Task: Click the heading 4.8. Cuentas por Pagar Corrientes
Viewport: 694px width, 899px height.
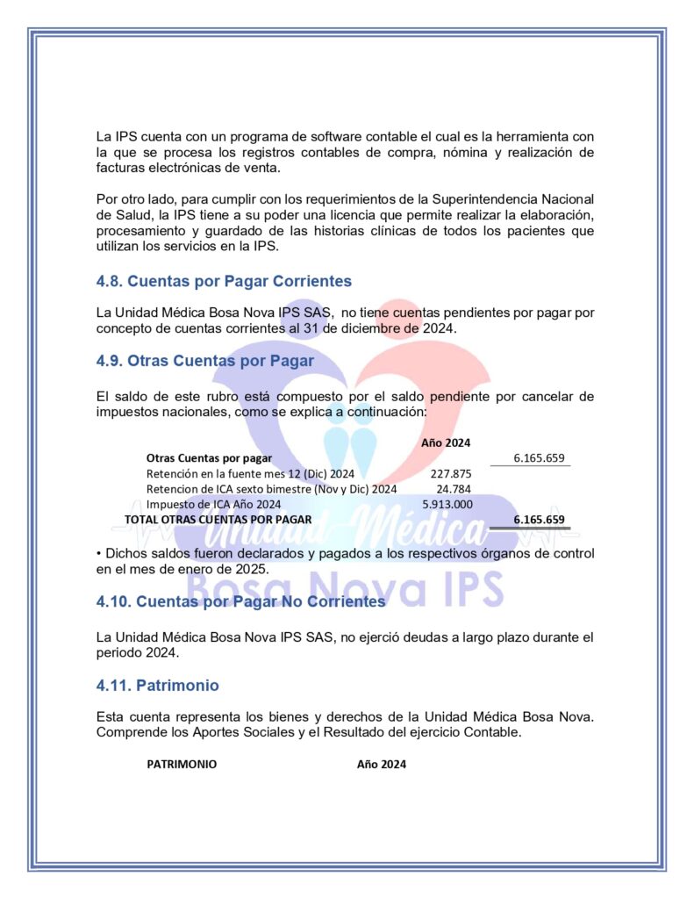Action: [x=224, y=281]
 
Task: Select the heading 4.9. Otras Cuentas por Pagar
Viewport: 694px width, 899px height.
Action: [x=204, y=360]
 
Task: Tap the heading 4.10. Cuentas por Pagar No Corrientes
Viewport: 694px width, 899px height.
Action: [x=240, y=601]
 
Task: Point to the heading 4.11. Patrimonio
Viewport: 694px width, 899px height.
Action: [x=157, y=684]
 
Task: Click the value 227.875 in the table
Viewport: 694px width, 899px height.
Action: [x=451, y=473]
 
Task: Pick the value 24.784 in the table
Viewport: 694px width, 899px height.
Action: [x=454, y=488]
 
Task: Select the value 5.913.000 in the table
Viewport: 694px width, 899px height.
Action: [x=447, y=504]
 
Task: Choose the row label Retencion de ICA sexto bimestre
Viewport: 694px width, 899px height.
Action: [x=271, y=488]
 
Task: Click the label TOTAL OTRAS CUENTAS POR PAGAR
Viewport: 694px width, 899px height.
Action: [x=218, y=519]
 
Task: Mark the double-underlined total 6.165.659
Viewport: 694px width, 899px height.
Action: [x=539, y=519]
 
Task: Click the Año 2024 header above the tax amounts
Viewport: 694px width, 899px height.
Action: [x=446, y=442]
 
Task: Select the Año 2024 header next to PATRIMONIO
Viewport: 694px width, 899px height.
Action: [x=381, y=764]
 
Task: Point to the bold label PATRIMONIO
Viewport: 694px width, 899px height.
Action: [x=182, y=764]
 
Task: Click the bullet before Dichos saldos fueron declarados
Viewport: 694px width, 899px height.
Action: [x=99, y=553]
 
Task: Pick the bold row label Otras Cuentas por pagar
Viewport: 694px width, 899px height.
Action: [x=209, y=457]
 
